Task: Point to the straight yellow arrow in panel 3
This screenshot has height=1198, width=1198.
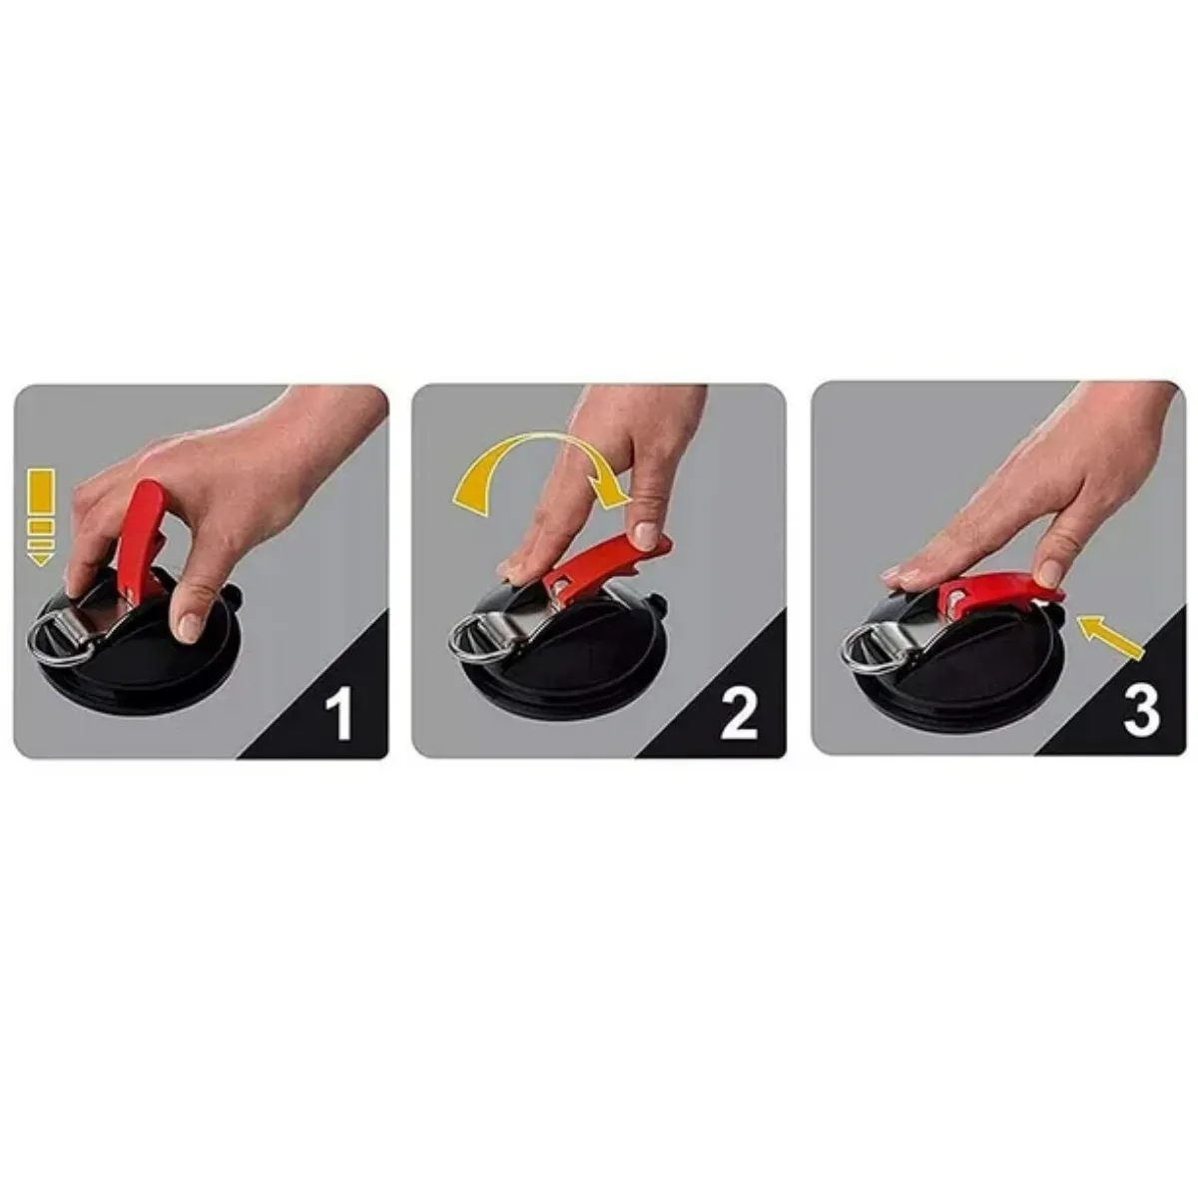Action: tap(1111, 635)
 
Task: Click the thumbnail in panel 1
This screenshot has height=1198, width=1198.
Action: tap(191, 627)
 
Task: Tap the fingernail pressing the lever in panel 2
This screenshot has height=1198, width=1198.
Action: tap(646, 535)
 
